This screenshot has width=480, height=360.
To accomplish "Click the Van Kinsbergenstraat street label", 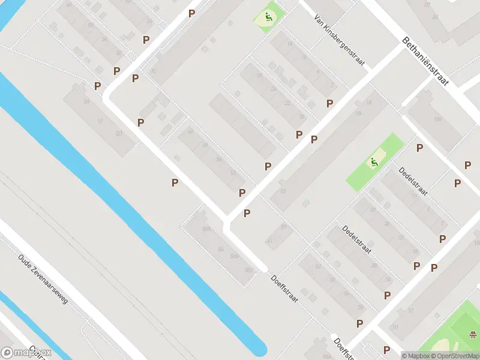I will (340, 41).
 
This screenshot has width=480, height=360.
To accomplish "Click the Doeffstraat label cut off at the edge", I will (342, 348).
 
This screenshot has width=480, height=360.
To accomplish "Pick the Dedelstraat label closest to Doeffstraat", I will (357, 240).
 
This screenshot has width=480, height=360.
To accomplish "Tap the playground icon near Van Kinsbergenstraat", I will (268, 17).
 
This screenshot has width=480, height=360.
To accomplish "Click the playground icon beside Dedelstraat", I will (374, 161).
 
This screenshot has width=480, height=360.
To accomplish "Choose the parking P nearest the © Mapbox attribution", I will (386, 349).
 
